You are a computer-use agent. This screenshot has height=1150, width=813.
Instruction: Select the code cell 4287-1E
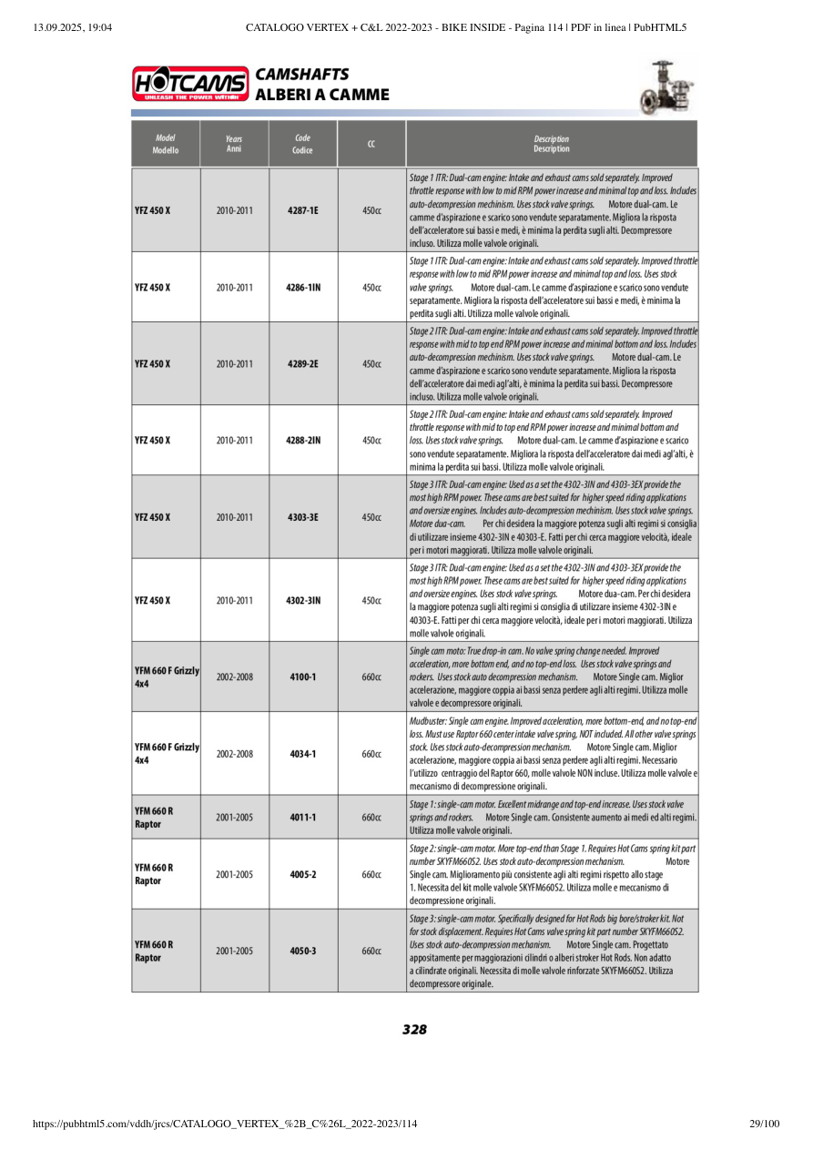302,210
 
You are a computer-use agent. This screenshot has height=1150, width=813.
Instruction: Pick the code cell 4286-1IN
302,287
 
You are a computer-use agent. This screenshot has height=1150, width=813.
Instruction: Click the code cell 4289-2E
302,363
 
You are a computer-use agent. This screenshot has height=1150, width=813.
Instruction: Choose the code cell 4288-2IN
302,440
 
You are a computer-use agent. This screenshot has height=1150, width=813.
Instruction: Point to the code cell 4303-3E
302,516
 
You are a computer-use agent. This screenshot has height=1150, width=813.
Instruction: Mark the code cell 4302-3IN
302,600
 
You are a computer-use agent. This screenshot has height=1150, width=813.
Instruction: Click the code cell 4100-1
302,677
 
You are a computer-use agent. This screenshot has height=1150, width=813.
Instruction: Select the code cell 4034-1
302,754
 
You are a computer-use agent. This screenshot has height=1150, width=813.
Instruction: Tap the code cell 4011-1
302,817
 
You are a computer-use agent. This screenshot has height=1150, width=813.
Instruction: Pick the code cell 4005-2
302,874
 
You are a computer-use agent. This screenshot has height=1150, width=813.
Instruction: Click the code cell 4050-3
302,951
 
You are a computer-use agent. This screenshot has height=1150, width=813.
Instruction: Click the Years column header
234,144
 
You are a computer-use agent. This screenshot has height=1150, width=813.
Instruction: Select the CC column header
371,144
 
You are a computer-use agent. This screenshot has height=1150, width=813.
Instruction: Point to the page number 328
414,1030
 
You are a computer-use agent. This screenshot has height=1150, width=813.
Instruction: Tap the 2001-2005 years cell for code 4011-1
234,817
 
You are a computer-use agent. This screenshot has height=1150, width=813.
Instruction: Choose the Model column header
166,144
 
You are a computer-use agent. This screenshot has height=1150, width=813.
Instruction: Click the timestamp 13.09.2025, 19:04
72,27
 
